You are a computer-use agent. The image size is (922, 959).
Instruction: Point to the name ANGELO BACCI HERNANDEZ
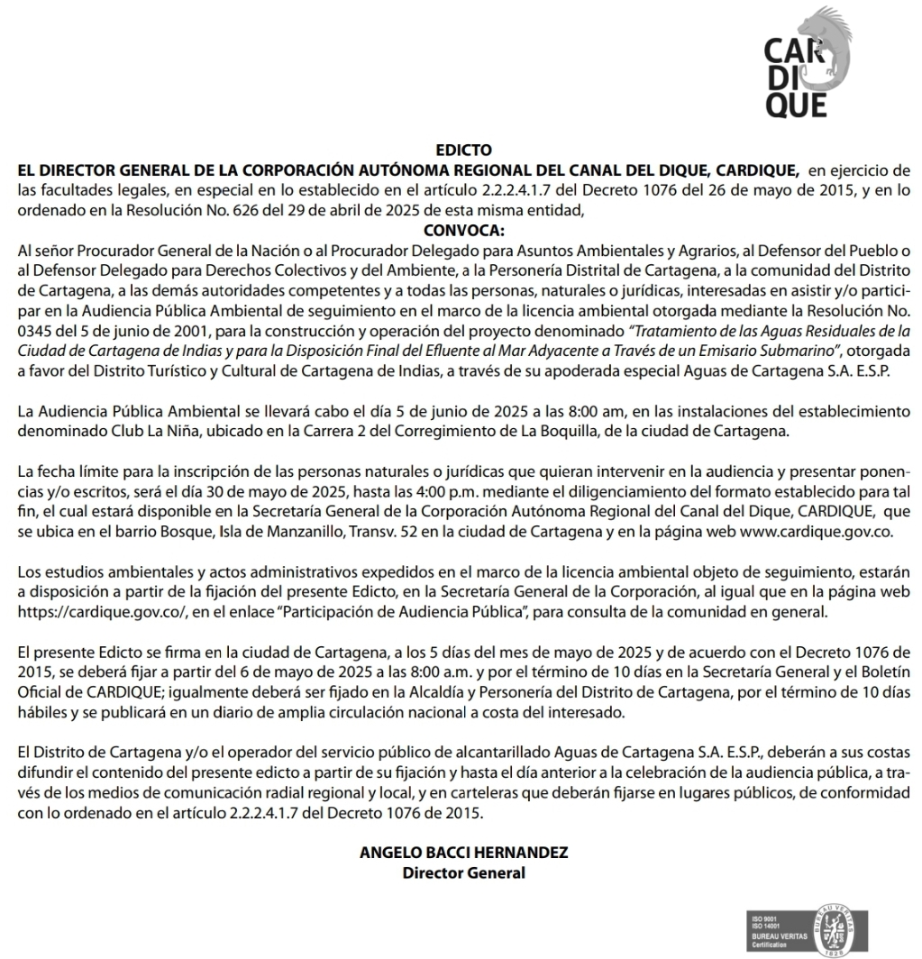pyautogui.click(x=463, y=853)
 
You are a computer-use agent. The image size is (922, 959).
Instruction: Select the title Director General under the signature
pyautogui.click(x=463, y=872)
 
